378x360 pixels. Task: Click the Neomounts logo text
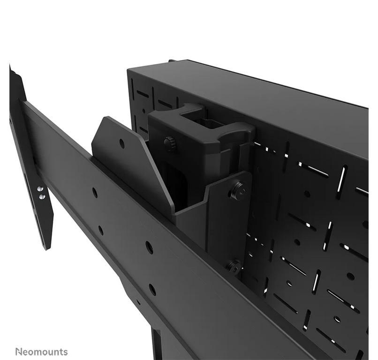(x=41, y=352)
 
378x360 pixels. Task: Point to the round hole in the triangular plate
(x=122, y=143)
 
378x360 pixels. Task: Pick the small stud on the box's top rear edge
(x=172, y=60)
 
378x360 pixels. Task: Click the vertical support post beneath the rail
(x=156, y=345)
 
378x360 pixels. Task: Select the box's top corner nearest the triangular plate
(x=129, y=69)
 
